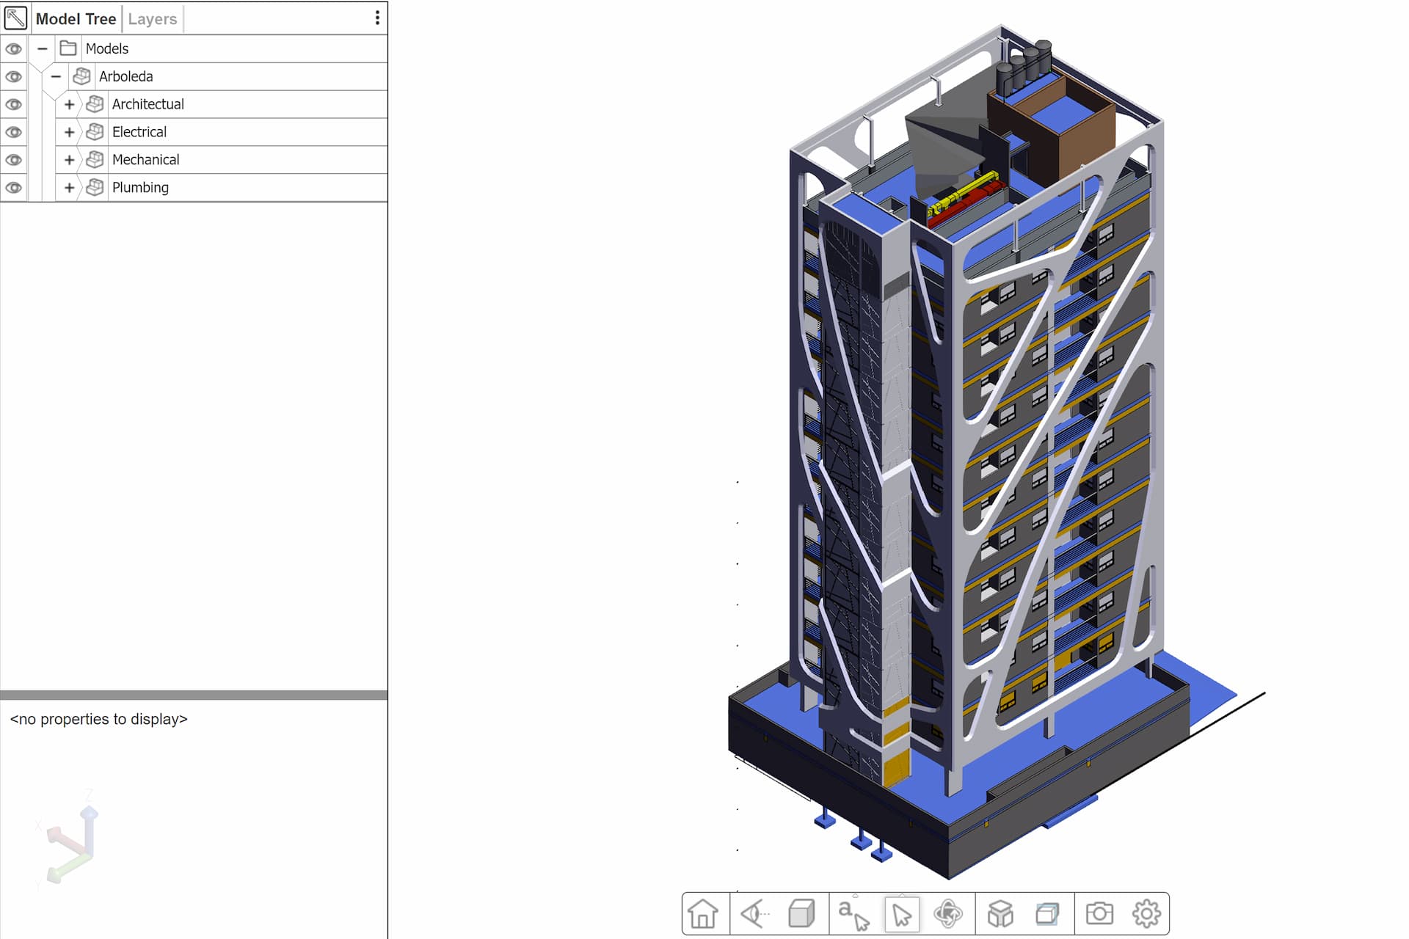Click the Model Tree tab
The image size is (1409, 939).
76,19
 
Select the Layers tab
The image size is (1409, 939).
152,19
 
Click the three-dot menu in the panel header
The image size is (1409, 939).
377,18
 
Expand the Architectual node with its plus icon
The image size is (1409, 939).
69,104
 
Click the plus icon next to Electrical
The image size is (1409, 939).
69,132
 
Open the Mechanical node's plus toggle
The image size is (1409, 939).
69,160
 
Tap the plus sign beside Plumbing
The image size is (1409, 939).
69,188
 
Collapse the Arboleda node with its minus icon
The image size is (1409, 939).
56,76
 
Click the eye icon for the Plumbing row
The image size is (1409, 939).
13,188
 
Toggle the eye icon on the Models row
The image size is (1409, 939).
13,49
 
